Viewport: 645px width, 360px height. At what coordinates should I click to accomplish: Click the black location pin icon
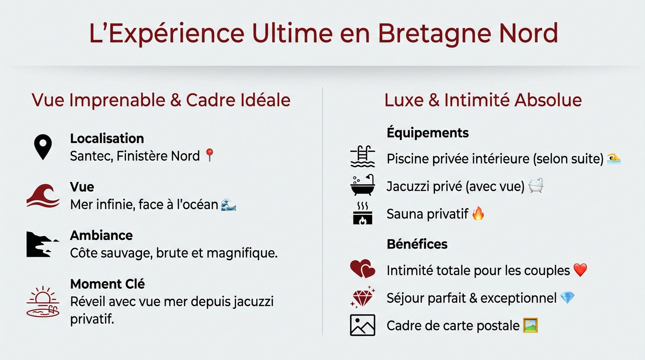click(x=43, y=147)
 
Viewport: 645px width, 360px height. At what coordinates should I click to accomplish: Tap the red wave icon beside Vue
click(x=43, y=195)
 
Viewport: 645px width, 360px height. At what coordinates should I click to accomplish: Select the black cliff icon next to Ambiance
click(x=42, y=244)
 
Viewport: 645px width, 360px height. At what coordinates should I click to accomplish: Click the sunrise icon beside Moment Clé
click(x=43, y=301)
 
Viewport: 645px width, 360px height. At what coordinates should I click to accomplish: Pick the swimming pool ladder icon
click(x=362, y=157)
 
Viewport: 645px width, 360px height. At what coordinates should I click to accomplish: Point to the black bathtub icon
click(x=362, y=186)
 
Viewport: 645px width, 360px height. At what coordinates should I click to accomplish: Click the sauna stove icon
click(x=362, y=213)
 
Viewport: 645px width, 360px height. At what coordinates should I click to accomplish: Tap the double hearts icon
click(x=362, y=269)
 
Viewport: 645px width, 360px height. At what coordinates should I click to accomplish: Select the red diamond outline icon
click(x=362, y=297)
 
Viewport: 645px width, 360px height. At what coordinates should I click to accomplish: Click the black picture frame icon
click(x=362, y=325)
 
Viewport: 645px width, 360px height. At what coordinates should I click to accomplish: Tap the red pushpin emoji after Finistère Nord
click(x=210, y=155)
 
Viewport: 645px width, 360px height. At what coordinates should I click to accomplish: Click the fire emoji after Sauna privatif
click(x=478, y=214)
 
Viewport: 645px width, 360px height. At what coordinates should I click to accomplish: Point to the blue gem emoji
click(x=567, y=298)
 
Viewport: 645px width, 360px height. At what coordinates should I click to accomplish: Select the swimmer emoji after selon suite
click(x=614, y=158)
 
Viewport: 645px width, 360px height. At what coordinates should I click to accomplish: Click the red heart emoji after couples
click(x=580, y=270)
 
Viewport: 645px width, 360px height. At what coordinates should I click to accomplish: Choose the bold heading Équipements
click(x=427, y=133)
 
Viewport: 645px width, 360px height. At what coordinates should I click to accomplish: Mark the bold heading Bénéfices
click(x=417, y=244)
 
